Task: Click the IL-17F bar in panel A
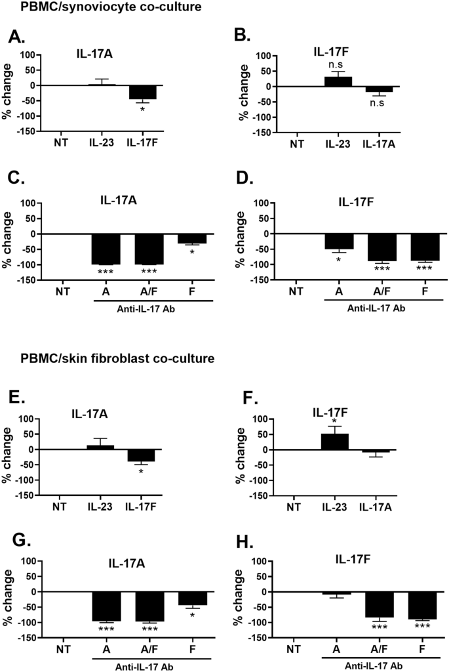pyautogui.click(x=141, y=92)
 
